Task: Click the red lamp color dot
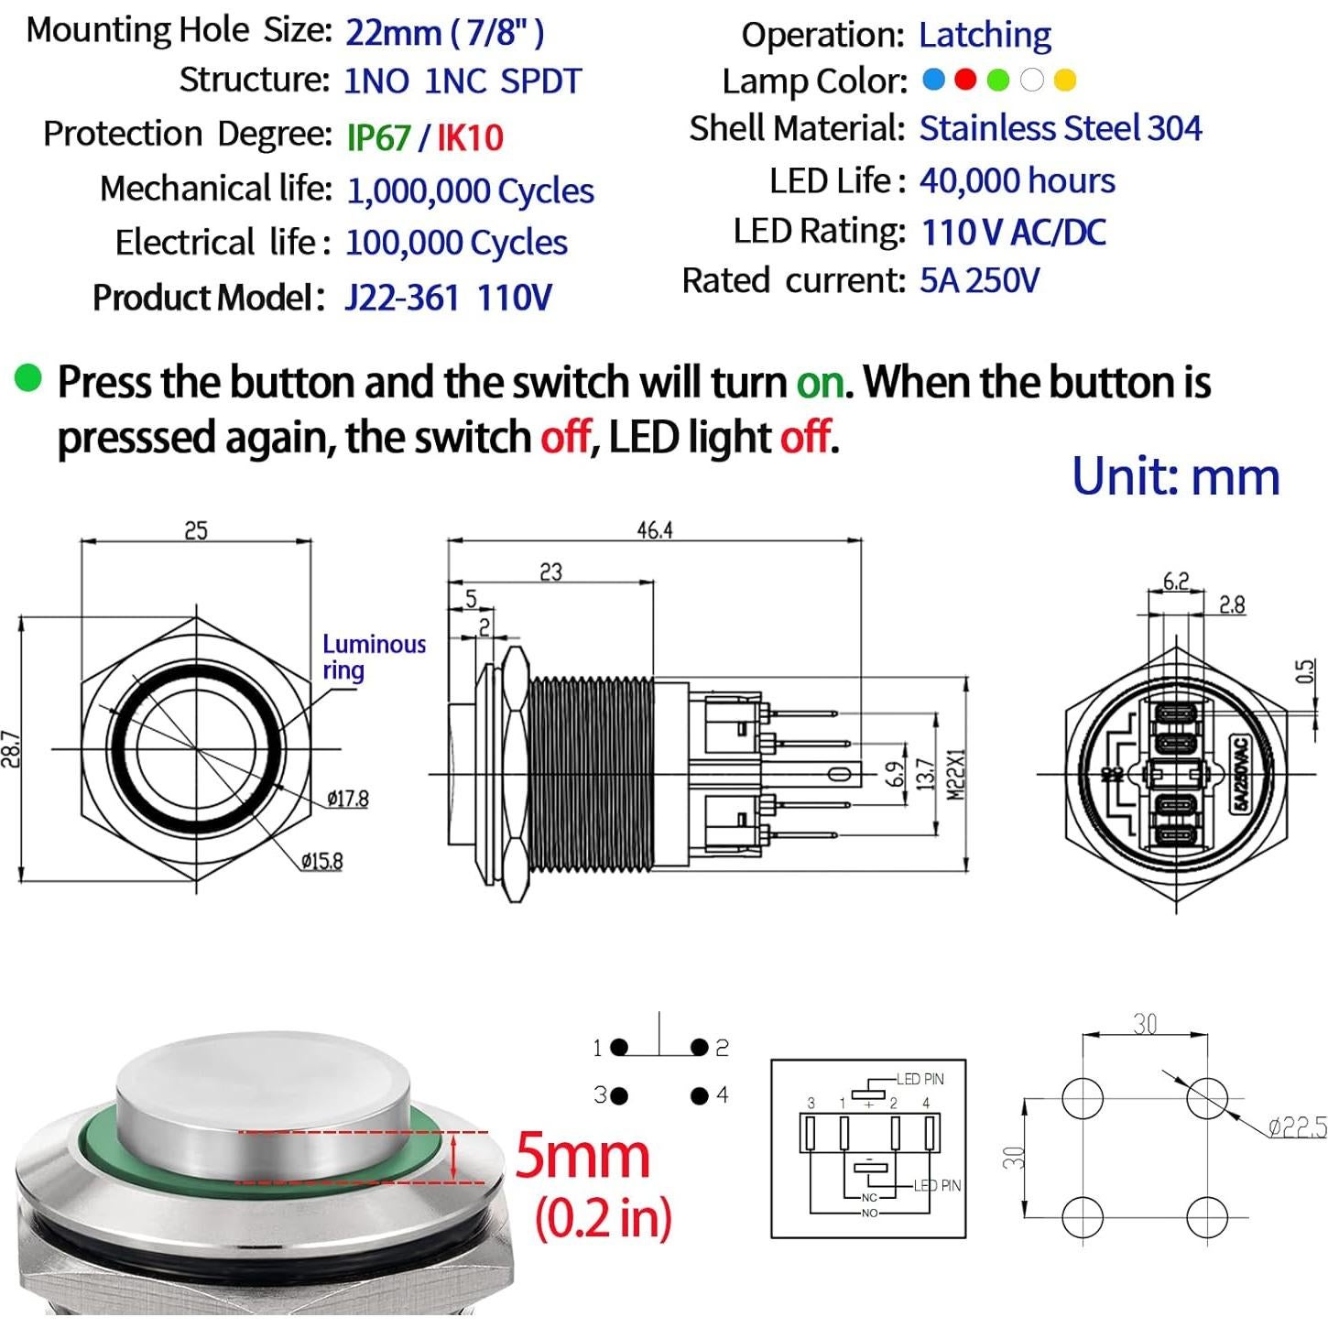965,80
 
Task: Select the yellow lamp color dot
1064,81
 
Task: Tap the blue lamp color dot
933,80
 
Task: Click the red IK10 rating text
470,137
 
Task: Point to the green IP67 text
378,137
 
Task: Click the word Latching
985,35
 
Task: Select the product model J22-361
402,298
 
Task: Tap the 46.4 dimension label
655,530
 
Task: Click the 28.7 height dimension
11,749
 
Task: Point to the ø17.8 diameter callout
348,799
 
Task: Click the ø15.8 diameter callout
321,861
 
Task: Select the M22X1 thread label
956,775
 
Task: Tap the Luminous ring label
374,657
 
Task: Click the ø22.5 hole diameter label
1297,1127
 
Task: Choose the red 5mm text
582,1156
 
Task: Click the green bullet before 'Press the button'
28,377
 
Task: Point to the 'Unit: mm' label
1175,476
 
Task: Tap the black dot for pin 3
619,1095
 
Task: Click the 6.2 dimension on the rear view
1176,582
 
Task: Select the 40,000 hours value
1018,180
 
